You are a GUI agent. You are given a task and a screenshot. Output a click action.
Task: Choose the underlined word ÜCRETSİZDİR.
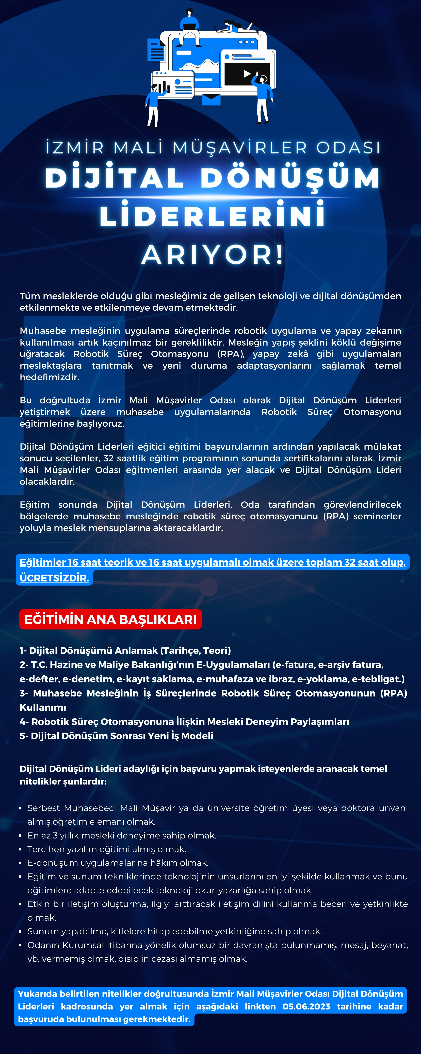point(54,578)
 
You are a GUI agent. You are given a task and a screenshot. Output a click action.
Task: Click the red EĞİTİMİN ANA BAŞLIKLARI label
point(110,619)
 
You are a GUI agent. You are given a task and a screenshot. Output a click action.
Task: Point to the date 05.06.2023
point(306,1006)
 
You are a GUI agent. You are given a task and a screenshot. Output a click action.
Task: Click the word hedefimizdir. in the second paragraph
point(50,377)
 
